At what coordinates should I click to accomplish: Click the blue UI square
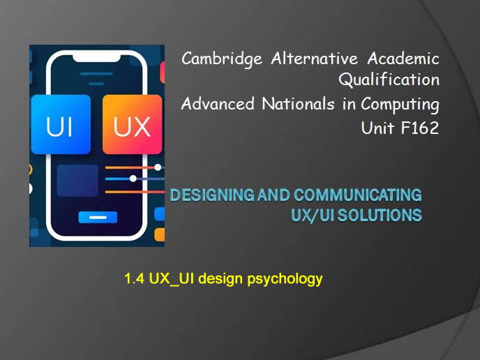coord(61,125)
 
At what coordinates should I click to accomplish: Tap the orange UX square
coord(132,125)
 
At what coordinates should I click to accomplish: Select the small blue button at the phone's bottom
coord(97,217)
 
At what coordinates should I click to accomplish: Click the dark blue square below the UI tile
coord(77,180)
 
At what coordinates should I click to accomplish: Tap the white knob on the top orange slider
coord(158,167)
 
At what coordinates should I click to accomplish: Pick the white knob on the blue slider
coord(133,179)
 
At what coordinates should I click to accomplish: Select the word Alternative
coord(315,59)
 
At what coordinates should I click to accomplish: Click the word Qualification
coord(389,80)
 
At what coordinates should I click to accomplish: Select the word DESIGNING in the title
coord(212,195)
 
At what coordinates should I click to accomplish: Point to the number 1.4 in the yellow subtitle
coord(134,280)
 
